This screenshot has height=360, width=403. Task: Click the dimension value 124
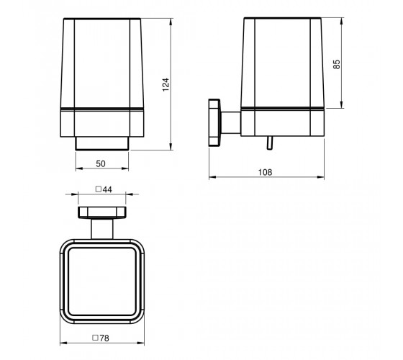click(x=166, y=84)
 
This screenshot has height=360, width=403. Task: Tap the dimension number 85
click(x=336, y=64)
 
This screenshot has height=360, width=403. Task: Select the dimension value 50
click(x=101, y=163)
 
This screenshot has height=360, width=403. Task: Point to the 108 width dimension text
click(x=265, y=172)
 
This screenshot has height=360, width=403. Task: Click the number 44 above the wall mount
click(x=107, y=189)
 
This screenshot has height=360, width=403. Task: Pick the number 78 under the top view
click(x=104, y=338)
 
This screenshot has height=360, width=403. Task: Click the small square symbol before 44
click(x=98, y=189)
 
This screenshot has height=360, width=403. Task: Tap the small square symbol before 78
click(x=95, y=338)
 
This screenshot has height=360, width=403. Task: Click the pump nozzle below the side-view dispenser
click(x=269, y=143)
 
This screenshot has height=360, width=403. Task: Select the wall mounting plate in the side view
click(x=214, y=122)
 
